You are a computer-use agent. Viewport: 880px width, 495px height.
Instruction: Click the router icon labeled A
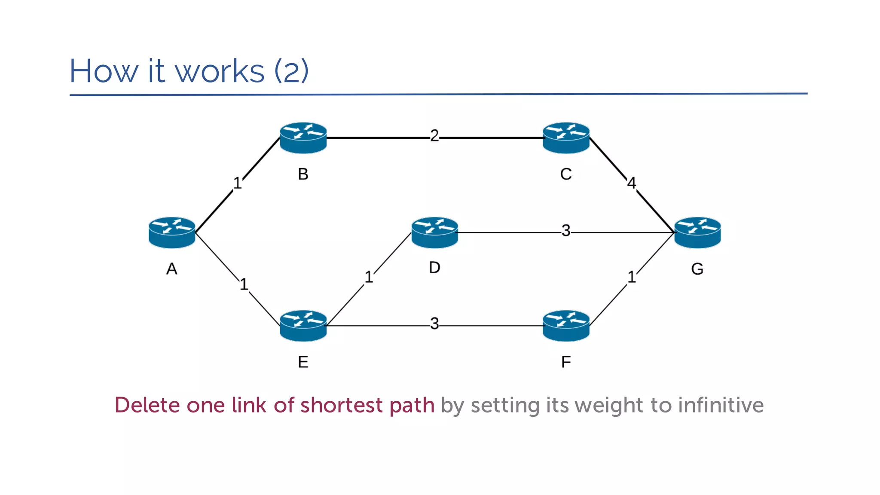pyautogui.click(x=172, y=232)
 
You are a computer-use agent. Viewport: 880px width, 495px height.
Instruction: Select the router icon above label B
pyautogui.click(x=303, y=137)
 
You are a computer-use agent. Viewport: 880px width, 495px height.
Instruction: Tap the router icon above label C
pyautogui.click(x=566, y=137)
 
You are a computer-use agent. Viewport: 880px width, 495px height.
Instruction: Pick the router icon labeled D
pyautogui.click(x=434, y=232)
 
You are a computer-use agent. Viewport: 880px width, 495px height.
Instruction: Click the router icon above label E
pyautogui.click(x=303, y=326)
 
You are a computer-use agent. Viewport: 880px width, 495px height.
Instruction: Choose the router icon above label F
pyautogui.click(x=566, y=326)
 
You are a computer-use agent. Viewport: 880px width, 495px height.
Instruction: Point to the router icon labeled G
pyautogui.click(x=697, y=232)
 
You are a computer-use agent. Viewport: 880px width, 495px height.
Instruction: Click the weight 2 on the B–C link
pyautogui.click(x=434, y=136)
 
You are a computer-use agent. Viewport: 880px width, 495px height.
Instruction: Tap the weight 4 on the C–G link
pyautogui.click(x=631, y=183)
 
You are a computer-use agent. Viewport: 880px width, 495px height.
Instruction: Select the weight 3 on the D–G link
pyautogui.click(x=566, y=231)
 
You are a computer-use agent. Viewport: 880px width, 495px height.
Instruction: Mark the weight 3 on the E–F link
pyautogui.click(x=434, y=324)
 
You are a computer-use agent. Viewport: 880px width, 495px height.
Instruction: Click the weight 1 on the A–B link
pyautogui.click(x=237, y=183)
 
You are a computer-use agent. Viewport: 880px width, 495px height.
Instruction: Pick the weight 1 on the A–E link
pyautogui.click(x=244, y=284)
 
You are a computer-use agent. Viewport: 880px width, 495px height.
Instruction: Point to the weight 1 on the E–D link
pyautogui.click(x=369, y=277)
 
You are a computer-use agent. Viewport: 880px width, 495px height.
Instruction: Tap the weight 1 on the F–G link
pyautogui.click(x=631, y=277)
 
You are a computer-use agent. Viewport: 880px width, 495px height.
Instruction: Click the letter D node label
pyautogui.click(x=434, y=268)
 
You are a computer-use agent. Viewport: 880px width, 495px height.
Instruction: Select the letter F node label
pyautogui.click(x=566, y=362)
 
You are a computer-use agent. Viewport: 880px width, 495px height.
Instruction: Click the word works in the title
pyautogui.click(x=220, y=71)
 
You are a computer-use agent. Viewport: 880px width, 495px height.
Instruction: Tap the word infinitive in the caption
pyautogui.click(x=721, y=405)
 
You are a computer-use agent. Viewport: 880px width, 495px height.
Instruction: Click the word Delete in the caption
pyautogui.click(x=147, y=405)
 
